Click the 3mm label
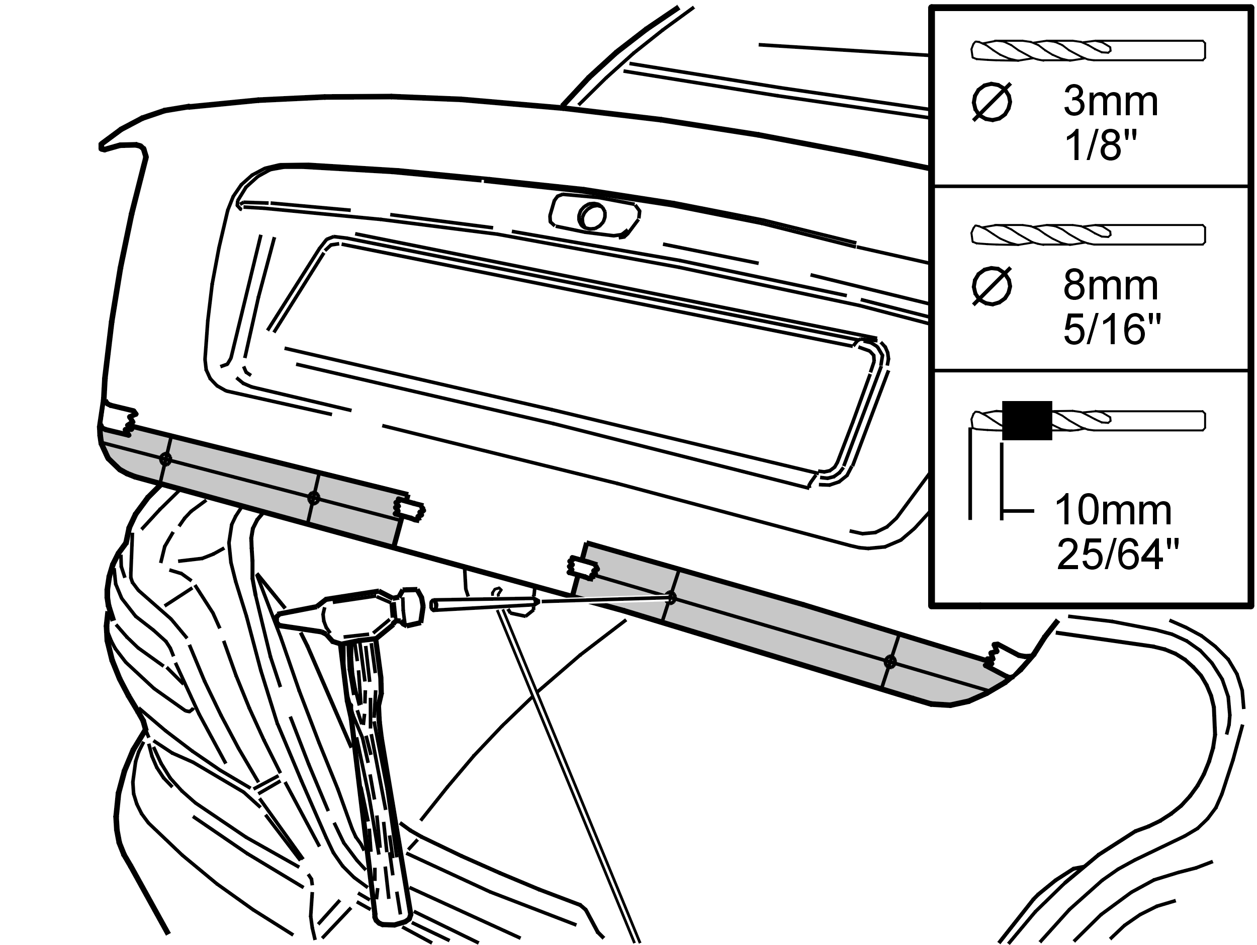1110,102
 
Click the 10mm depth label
1113,511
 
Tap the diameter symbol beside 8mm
992,287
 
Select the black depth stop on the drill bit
1027,420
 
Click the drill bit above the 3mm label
1088,51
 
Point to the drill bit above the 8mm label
1088,235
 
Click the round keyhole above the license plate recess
592,216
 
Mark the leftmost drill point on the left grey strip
165,459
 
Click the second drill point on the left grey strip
313,498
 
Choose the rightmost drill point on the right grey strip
890,662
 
